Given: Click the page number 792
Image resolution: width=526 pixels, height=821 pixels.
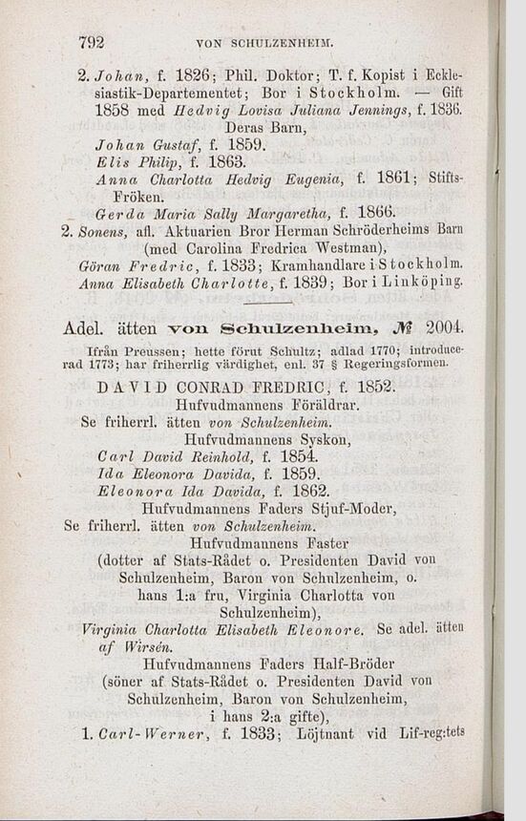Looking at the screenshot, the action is [90, 41].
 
